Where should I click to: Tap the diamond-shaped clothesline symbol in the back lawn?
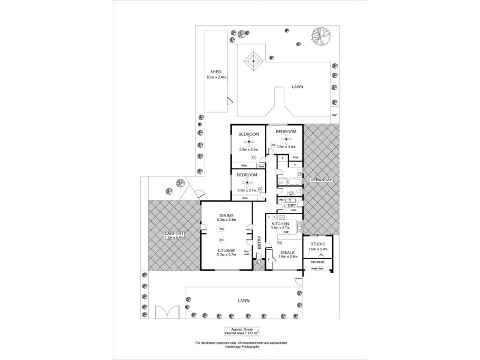coord(253,60)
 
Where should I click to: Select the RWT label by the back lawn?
coord(335,115)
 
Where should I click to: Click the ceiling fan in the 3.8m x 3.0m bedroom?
coord(286,139)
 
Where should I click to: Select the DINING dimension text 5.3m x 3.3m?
coord(226,220)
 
